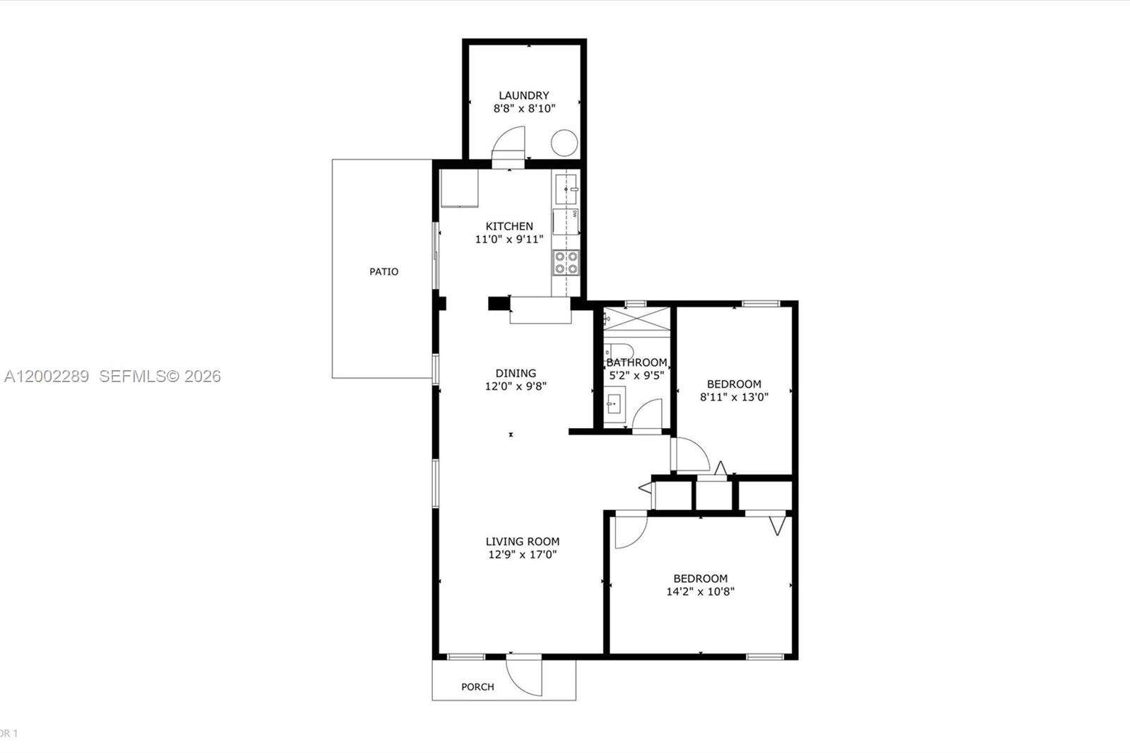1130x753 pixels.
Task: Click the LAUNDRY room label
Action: point(523,95)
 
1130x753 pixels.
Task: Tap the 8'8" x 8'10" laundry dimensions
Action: point(524,109)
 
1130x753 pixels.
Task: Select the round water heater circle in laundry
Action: point(564,143)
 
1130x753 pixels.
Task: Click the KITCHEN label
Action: point(509,226)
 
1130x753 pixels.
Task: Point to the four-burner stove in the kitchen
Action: point(566,262)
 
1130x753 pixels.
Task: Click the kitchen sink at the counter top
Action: point(566,189)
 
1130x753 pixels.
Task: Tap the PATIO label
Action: point(384,271)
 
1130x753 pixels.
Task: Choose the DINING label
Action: point(516,373)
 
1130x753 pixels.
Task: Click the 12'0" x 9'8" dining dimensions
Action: point(516,386)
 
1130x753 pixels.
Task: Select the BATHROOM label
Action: point(636,362)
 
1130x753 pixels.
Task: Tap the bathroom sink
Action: point(614,405)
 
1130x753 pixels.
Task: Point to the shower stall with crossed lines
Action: point(636,317)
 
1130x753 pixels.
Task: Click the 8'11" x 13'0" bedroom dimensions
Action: point(734,397)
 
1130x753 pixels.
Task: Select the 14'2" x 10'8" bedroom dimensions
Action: point(700,592)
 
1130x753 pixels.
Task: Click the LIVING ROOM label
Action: point(523,542)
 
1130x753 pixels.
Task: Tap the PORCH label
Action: point(477,687)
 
